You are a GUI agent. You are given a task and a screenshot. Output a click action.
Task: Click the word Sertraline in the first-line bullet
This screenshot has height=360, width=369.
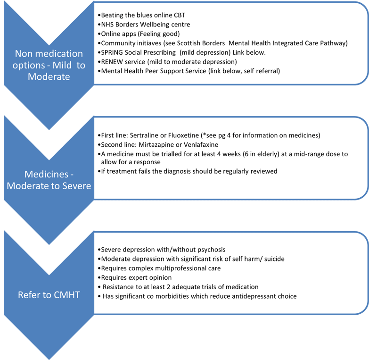tap(144, 135)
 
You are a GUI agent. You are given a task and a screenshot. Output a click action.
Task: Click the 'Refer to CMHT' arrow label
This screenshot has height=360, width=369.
tap(49, 296)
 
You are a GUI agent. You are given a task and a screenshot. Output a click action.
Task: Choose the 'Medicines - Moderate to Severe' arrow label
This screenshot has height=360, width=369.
tap(49, 180)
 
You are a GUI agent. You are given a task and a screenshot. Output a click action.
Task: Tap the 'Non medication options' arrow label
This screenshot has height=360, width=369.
tap(49, 66)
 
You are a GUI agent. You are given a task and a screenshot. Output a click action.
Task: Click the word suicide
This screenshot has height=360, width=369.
tap(271, 259)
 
